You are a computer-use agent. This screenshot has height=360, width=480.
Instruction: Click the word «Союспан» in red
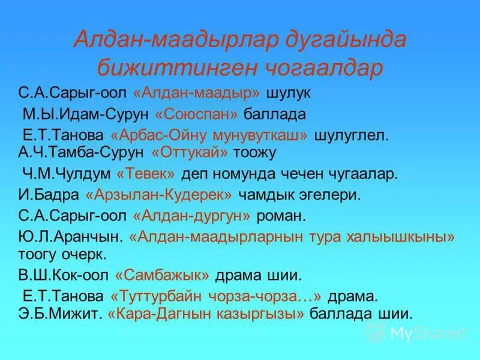197,114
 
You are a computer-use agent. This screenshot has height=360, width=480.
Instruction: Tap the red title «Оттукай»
190,153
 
